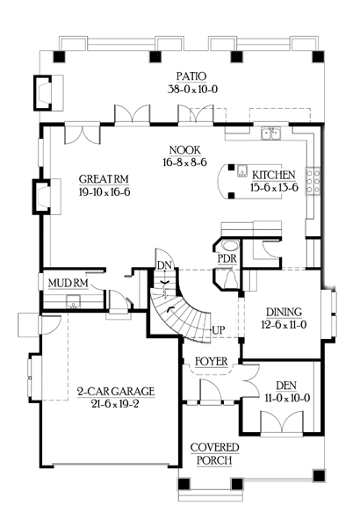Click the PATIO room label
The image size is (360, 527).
191,76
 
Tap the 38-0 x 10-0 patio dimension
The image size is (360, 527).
192,90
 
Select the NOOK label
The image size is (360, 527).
185,150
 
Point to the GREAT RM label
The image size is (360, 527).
104,179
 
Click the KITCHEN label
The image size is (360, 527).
274,175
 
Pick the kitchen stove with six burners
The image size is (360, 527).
313,181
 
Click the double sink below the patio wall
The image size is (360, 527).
271,134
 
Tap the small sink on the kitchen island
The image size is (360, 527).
241,171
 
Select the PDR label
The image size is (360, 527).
227,259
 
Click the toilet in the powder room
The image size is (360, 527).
231,279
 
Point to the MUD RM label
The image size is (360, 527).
68,283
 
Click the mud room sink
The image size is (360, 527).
73,301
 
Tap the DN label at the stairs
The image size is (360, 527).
164,265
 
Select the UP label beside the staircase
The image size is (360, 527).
219,330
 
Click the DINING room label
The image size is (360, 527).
284,312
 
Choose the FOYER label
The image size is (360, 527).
212,362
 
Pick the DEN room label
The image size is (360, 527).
286,386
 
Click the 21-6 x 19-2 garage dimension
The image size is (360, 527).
115,404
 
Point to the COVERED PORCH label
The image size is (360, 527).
215,454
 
